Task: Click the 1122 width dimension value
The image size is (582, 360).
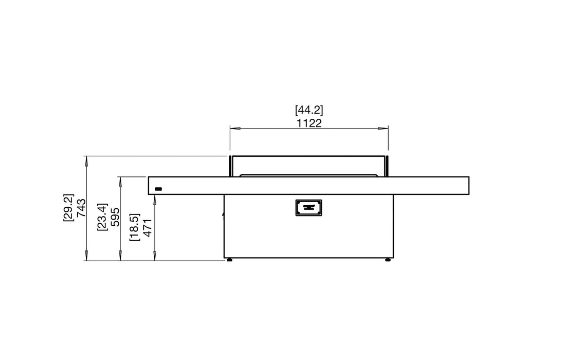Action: click(x=309, y=123)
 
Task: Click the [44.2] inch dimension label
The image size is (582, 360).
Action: click(x=309, y=110)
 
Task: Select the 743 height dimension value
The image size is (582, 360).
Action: click(x=81, y=208)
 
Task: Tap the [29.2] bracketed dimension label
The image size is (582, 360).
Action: click(x=69, y=208)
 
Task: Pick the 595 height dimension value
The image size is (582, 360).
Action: click(x=115, y=217)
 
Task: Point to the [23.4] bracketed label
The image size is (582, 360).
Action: click(x=102, y=217)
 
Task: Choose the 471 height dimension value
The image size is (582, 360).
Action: click(x=148, y=227)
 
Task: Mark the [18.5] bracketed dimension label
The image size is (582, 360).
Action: click(x=135, y=227)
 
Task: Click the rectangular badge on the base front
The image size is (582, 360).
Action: click(x=309, y=207)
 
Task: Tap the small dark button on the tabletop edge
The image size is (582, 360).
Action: click(x=158, y=189)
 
